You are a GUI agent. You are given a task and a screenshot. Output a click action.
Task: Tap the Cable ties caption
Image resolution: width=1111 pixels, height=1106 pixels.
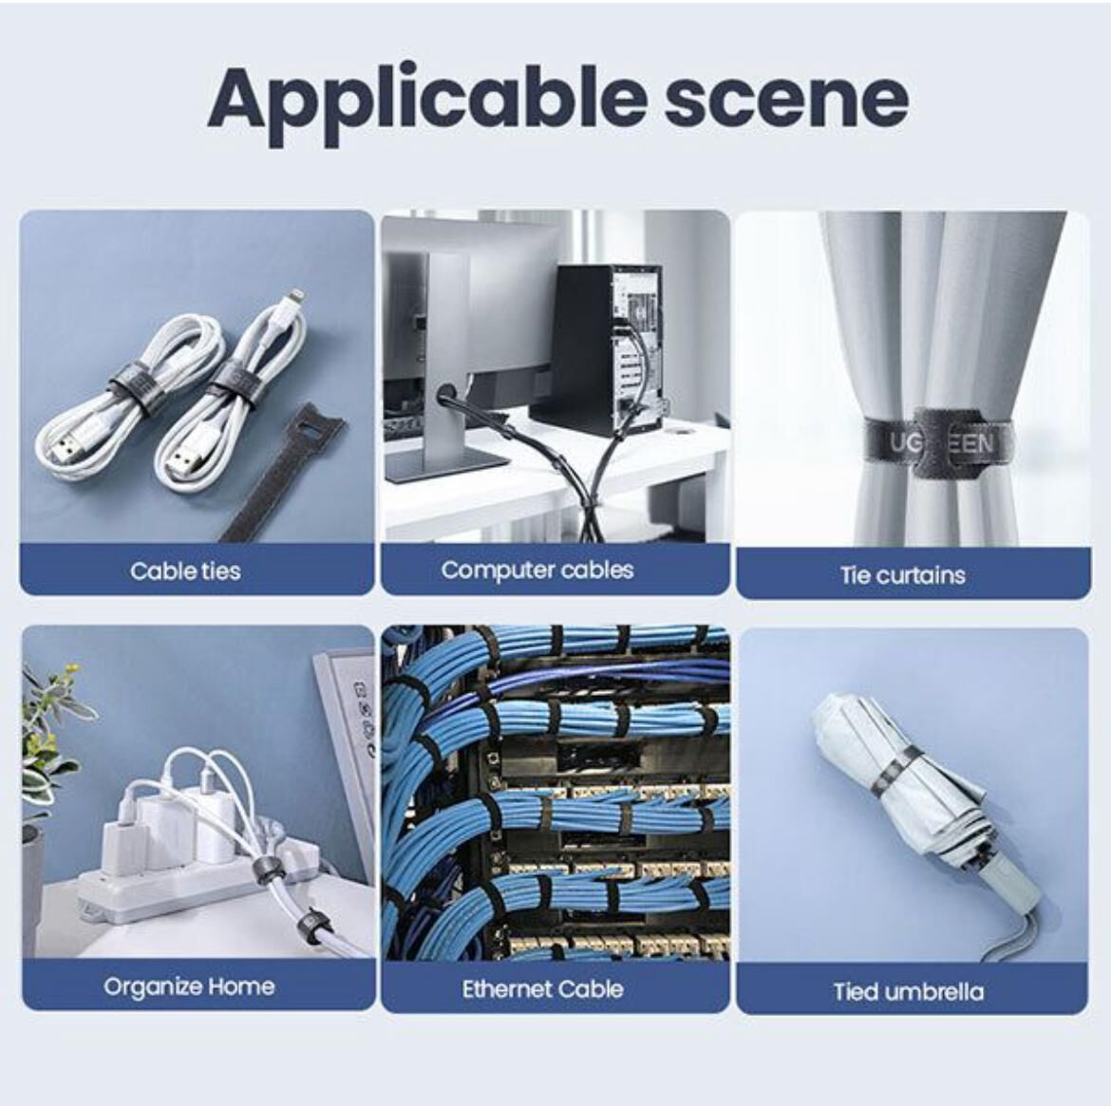tap(185, 572)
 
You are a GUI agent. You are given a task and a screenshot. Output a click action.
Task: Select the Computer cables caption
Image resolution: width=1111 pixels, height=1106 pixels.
tap(537, 571)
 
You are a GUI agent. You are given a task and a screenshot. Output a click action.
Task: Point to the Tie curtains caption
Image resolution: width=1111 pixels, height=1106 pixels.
tap(903, 574)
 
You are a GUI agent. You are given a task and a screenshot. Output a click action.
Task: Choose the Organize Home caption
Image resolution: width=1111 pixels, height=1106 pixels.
tap(189, 986)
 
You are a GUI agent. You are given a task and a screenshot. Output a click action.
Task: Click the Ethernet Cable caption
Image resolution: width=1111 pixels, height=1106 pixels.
tap(543, 989)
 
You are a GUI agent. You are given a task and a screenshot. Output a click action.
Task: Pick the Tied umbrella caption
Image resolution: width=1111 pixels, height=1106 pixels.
tap(909, 991)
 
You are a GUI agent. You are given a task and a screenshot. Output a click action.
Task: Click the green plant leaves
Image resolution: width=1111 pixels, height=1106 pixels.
tap(48, 744)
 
